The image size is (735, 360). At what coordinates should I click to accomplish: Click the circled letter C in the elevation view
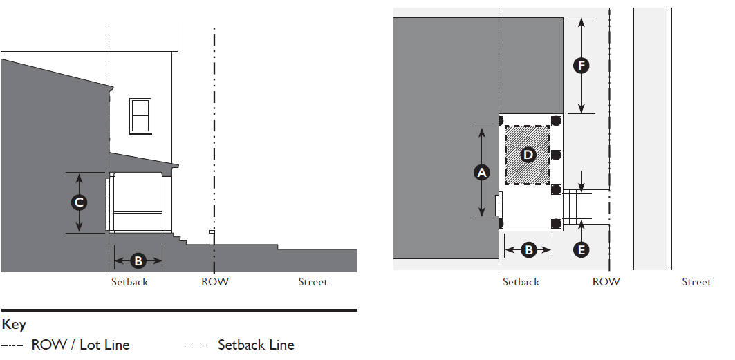point(80,202)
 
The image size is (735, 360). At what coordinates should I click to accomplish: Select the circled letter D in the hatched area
point(528,155)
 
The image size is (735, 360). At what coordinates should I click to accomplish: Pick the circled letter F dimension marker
point(582,66)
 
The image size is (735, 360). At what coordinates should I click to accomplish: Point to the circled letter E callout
point(582,249)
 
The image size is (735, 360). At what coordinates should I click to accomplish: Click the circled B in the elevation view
point(138,260)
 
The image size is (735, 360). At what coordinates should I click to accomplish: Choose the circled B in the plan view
point(529,249)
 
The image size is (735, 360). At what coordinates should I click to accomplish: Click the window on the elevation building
point(140,115)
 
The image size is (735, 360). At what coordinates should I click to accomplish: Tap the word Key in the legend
point(13,324)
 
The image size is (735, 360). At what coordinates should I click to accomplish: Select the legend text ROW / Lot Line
point(80,345)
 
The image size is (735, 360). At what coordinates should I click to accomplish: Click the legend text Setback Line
point(256,345)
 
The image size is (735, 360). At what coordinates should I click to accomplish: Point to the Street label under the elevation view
point(313,282)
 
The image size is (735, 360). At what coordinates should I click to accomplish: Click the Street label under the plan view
point(696,282)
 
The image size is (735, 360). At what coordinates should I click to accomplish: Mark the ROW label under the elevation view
point(215,282)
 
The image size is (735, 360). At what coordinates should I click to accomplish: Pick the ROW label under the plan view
point(606,282)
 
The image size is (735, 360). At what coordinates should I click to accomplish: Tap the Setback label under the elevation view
point(130,282)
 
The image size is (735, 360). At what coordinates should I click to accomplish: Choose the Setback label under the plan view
point(521,282)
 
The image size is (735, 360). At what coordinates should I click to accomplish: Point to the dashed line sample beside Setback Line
point(196,345)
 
